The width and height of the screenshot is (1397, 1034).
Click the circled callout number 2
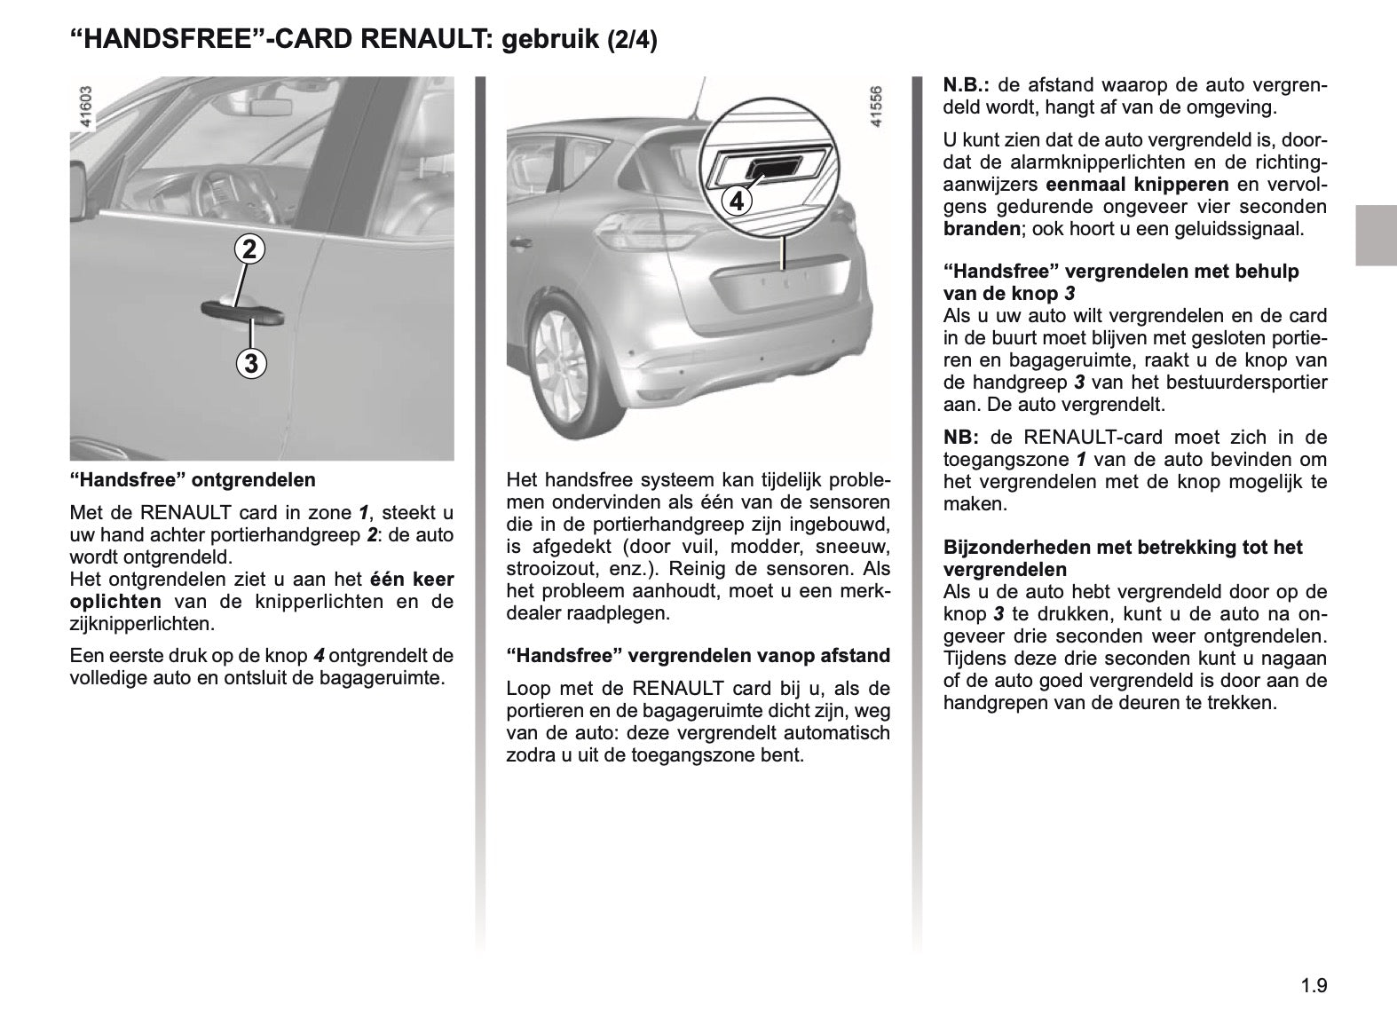pos(250,249)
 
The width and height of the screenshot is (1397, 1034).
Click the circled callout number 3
pos(252,363)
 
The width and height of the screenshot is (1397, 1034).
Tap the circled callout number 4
pos(737,201)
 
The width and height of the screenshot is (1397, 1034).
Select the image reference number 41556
pos(877,108)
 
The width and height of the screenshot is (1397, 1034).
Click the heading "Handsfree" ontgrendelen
pos(193,480)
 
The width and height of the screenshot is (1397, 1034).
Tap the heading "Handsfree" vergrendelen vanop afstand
pos(698,656)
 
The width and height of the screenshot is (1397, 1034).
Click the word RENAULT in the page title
pos(416,40)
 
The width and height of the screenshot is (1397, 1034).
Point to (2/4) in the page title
pos(632,41)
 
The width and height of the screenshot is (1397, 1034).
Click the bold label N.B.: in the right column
pos(967,86)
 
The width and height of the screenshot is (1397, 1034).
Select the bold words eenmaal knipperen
pos(1137,185)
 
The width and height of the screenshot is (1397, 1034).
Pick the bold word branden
pos(982,228)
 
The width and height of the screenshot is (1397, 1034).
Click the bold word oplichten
pos(115,602)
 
